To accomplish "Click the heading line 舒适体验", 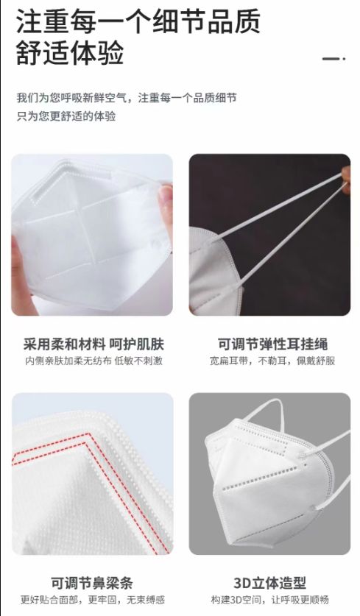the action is click(70, 53).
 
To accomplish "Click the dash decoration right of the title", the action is click(333, 59).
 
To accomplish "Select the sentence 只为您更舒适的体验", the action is click(66, 116).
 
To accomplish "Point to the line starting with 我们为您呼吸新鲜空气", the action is click(127, 98).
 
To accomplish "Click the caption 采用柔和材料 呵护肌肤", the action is click(93, 344).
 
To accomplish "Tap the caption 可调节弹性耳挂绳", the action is click(272, 344).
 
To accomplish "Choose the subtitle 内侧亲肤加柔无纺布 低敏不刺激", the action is click(94, 361).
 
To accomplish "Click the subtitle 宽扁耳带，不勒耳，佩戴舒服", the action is click(272, 361).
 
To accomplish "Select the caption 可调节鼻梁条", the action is click(92, 583).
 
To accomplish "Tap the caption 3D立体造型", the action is click(269, 583).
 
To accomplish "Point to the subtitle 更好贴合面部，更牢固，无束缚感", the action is click(92, 600).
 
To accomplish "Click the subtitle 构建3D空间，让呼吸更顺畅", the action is click(269, 600).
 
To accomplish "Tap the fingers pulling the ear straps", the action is click(346, 179).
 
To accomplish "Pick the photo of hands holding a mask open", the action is click(92, 235).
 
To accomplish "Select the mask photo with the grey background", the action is click(269, 474).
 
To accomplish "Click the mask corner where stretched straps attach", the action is click(213, 239).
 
